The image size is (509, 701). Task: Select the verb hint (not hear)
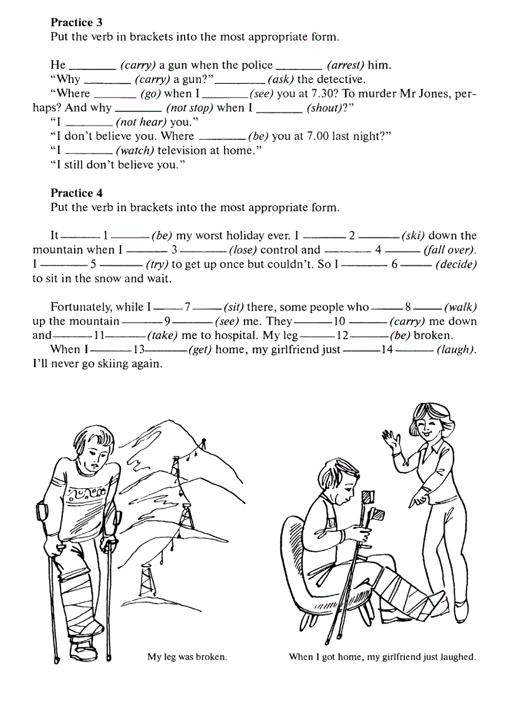pyautogui.click(x=141, y=122)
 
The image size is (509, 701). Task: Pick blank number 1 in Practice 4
pyautogui.click(x=106, y=236)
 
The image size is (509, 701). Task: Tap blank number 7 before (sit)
pyautogui.click(x=187, y=307)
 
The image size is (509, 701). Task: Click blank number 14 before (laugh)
pyautogui.click(x=387, y=350)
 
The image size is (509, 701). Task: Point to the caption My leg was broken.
pyautogui.click(x=187, y=657)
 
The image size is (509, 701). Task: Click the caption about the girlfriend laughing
pyautogui.click(x=382, y=657)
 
